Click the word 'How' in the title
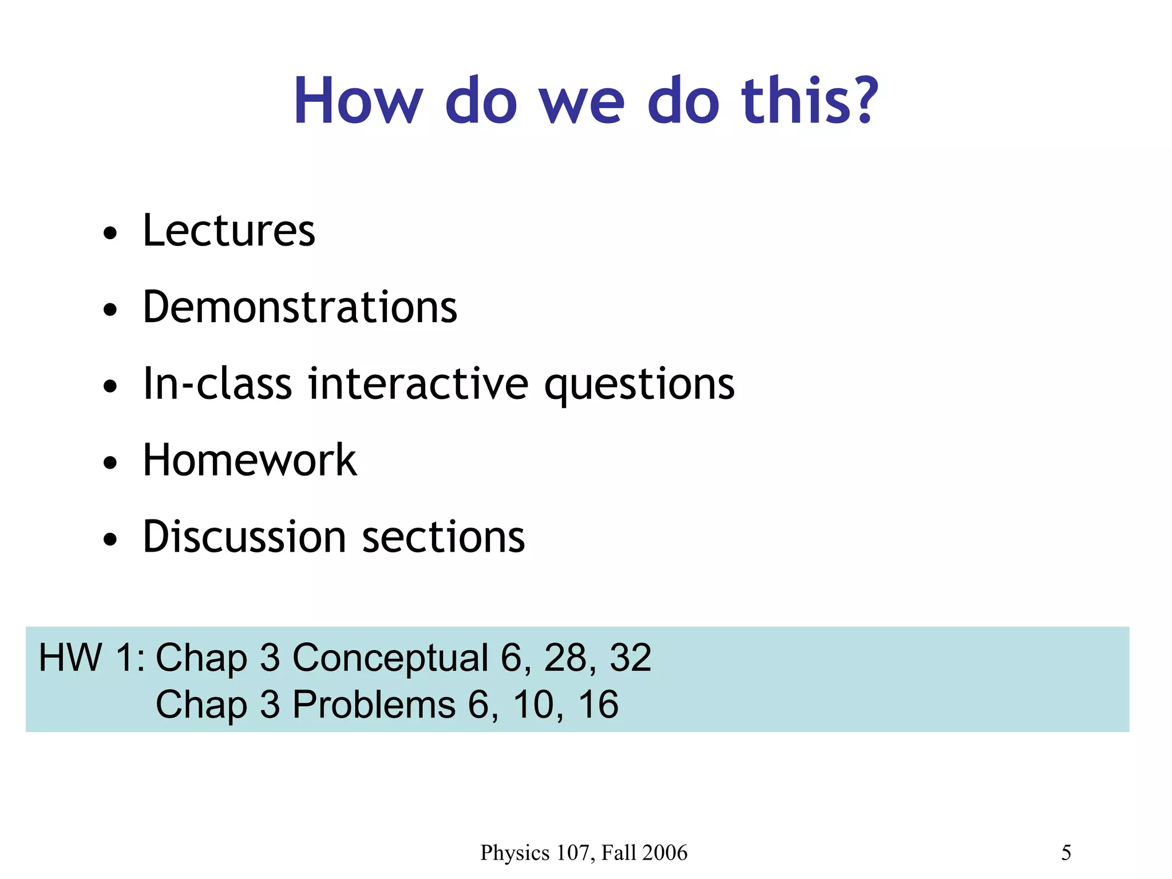coord(358,101)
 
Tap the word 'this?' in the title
coord(810,101)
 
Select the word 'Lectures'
coord(229,230)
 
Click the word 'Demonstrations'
coord(300,307)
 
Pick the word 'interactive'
coord(418,383)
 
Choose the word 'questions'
coord(639,385)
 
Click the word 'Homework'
coord(250,460)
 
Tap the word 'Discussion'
coord(244,537)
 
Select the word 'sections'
coord(444,538)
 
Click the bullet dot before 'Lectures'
coord(110,233)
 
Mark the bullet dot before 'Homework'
coord(110,463)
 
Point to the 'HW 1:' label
coord(92,657)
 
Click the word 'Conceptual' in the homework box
coord(390,658)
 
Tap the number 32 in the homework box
coord(630,657)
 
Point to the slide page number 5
coord(1066,853)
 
